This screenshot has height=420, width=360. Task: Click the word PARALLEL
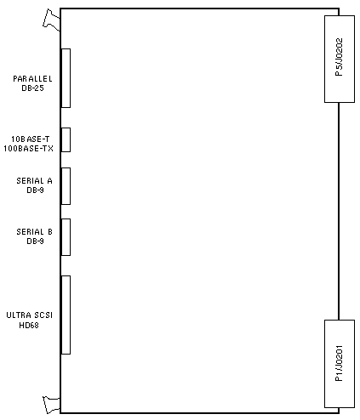pos(32,79)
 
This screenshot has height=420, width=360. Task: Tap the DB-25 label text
pos(32,88)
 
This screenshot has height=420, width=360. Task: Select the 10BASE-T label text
pos(31,139)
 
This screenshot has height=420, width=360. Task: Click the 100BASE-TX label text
pos(28,149)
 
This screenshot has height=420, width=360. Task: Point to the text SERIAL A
pos(34,181)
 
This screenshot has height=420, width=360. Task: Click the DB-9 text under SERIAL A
pos(35,190)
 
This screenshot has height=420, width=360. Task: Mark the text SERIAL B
pos(34,232)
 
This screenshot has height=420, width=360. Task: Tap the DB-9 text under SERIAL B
pos(35,241)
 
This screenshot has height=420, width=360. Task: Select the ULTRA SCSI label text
pos(30,315)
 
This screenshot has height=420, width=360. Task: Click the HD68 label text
pos(29,325)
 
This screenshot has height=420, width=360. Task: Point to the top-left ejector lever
pos(51,20)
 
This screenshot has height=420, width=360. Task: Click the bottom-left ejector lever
pos(51,405)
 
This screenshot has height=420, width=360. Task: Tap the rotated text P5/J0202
pos(339,57)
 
